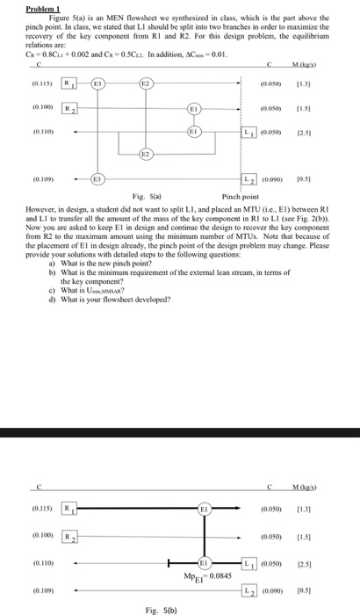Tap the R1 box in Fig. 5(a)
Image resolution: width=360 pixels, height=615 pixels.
[x=76, y=84]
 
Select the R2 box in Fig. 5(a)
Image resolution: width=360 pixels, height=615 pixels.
[x=76, y=107]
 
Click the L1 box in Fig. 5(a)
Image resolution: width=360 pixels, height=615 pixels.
[x=249, y=132]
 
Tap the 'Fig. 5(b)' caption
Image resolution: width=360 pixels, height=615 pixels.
[x=155, y=608]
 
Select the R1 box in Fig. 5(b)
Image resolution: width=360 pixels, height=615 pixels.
[x=76, y=510]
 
